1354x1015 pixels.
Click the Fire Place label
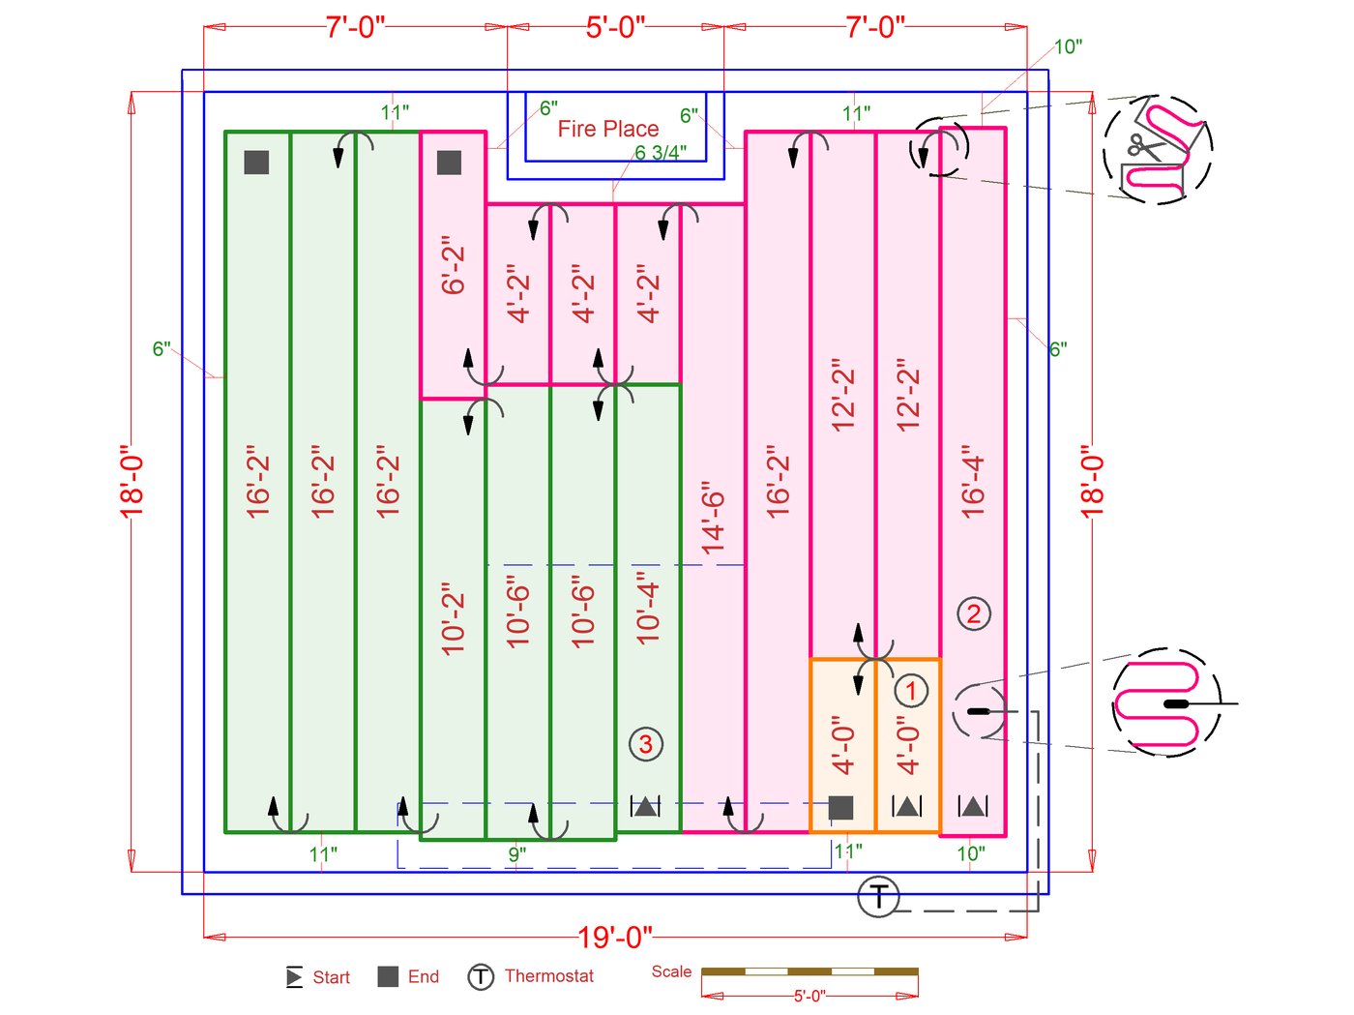click(607, 129)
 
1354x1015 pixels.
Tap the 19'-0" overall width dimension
click(615, 937)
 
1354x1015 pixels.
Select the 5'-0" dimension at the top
click(615, 27)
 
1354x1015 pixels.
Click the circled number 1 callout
click(910, 691)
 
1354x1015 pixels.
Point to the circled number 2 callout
click(974, 613)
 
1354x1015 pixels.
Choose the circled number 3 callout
click(646, 744)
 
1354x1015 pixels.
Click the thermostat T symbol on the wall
click(878, 897)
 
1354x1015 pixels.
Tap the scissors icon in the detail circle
click(1145, 147)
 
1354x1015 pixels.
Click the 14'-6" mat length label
click(713, 518)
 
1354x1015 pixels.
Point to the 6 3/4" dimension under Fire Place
click(661, 153)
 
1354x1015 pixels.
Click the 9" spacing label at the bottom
click(517, 854)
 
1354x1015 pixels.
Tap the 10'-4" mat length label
click(647, 609)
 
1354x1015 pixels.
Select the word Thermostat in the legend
click(548, 976)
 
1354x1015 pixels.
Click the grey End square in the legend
click(388, 976)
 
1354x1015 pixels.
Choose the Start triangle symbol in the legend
click(294, 977)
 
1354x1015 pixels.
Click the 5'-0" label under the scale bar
click(809, 996)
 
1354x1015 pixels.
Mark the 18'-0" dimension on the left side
click(132, 481)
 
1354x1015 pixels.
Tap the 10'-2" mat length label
click(453, 619)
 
